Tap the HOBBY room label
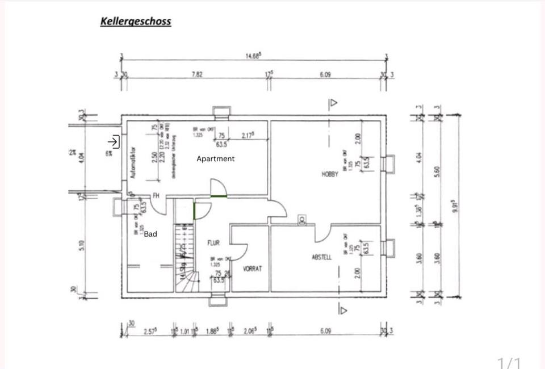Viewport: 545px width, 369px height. (330, 174)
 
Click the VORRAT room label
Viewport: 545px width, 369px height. (252, 269)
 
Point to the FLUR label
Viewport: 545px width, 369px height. (213, 243)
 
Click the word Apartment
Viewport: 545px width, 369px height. (216, 159)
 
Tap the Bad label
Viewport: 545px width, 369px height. (150, 234)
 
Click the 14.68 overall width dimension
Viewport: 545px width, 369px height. (253, 56)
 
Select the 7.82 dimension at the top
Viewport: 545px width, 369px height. (197, 74)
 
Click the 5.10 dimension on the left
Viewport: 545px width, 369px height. (81, 245)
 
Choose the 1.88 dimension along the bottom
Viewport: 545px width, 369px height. (211, 330)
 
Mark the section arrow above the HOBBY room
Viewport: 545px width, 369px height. (333, 103)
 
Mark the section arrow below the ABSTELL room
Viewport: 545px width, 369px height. (342, 309)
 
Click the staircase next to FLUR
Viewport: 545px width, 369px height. (184, 258)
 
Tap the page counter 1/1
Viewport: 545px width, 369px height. (509, 362)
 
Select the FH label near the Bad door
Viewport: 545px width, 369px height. (155, 195)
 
